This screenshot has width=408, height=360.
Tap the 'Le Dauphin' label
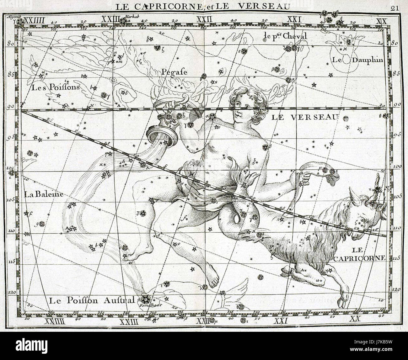pyautogui.click(x=358, y=60)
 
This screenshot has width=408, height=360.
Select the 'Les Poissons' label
pyautogui.click(x=55, y=87)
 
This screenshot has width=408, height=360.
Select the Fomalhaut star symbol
pyautogui.click(x=145, y=298)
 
